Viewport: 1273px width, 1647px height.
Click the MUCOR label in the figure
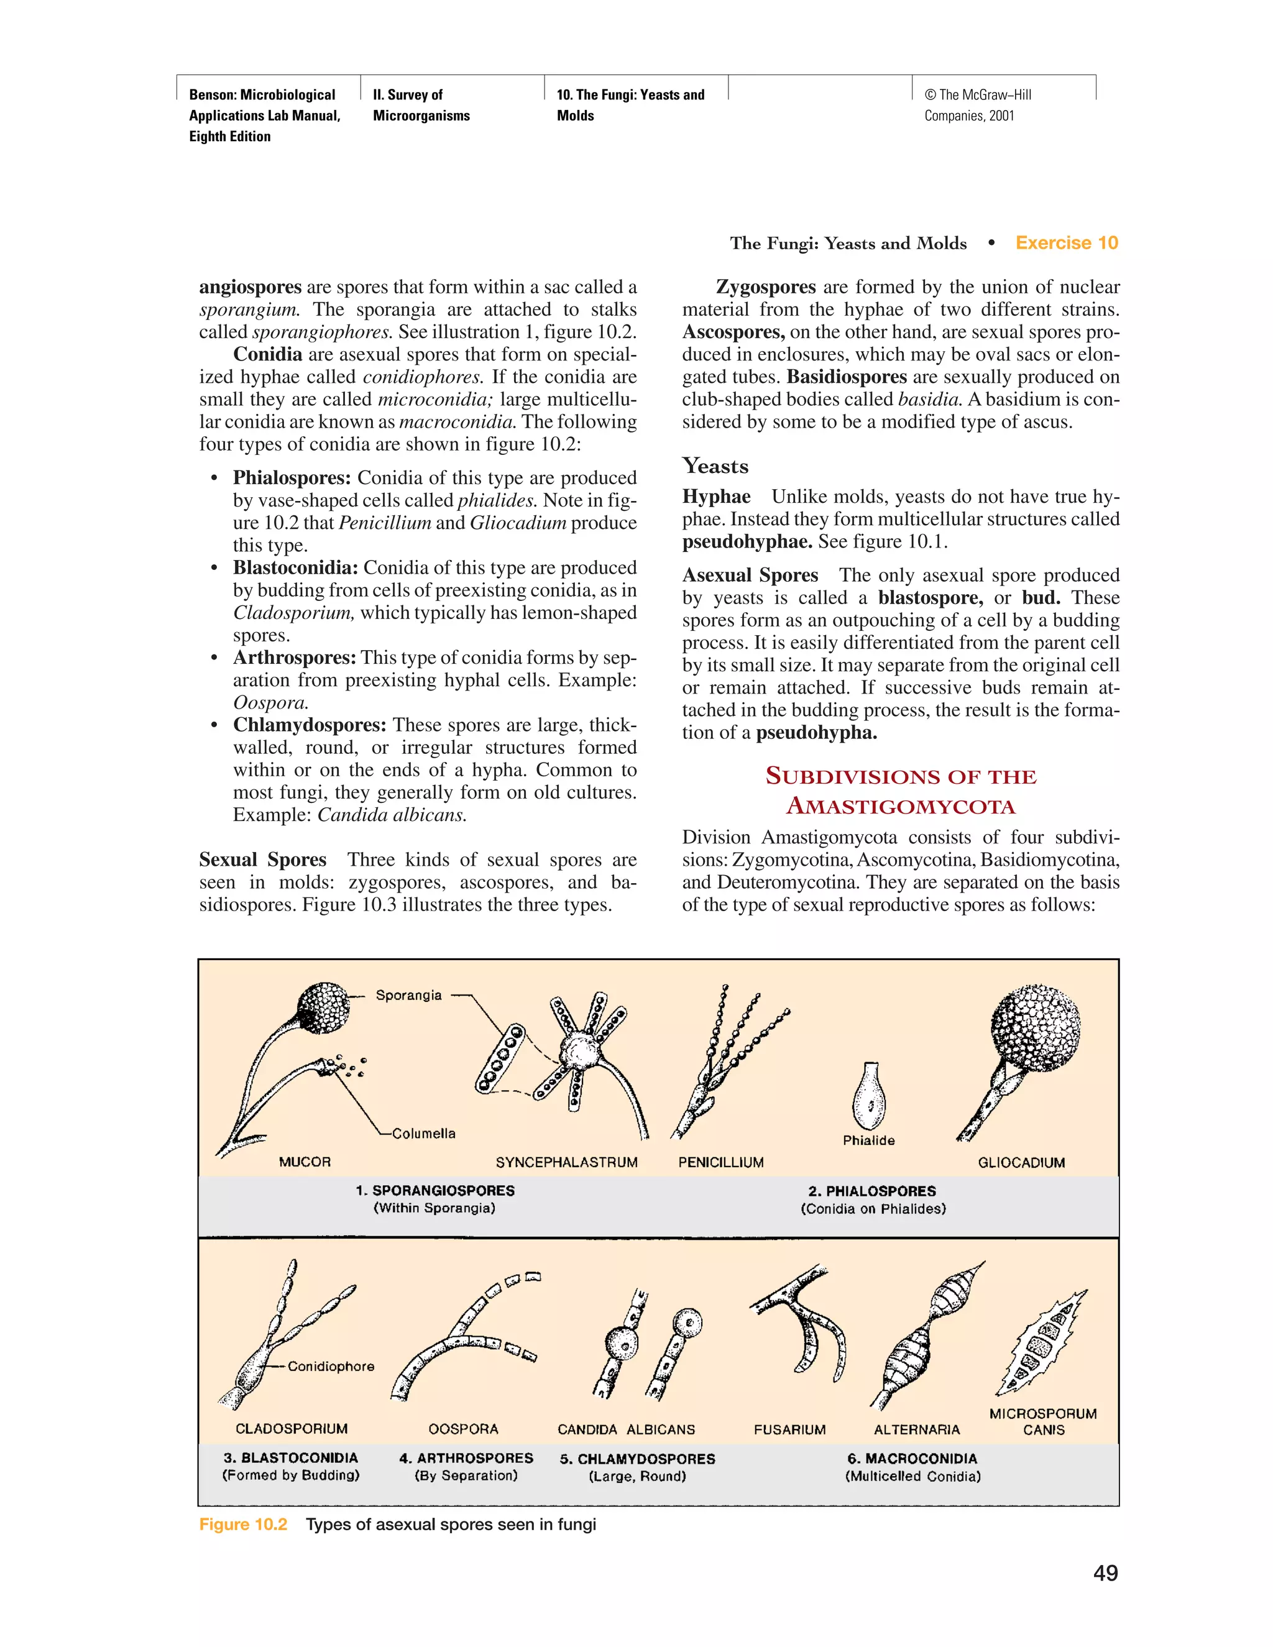(x=305, y=1162)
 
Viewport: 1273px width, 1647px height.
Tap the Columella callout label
(x=423, y=1134)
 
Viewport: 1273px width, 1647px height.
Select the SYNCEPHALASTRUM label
(x=566, y=1162)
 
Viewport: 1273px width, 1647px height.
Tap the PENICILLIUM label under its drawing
(x=720, y=1162)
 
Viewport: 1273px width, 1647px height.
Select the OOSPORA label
(x=463, y=1429)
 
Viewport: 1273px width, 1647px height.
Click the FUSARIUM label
(x=789, y=1430)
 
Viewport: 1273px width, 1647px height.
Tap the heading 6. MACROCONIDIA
(x=912, y=1459)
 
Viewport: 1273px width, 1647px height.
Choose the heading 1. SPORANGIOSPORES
(x=435, y=1191)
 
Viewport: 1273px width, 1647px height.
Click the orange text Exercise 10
(x=1067, y=243)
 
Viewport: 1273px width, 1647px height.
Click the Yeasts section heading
(x=715, y=466)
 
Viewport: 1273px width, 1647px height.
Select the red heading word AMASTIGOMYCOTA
(x=901, y=807)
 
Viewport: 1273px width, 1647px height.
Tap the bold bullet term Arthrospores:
(x=294, y=658)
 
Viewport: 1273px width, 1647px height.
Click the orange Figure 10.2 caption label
(x=243, y=1524)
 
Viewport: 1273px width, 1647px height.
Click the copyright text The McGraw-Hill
(x=978, y=95)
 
